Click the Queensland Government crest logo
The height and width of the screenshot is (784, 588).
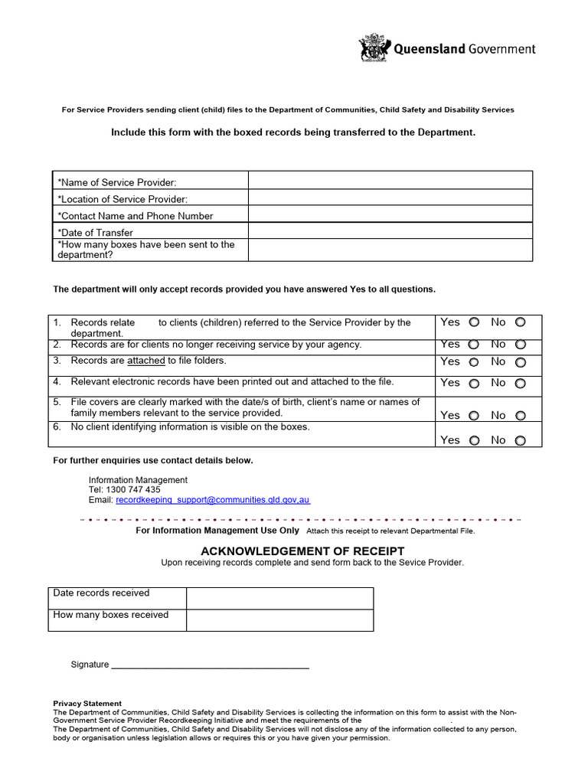tap(374, 48)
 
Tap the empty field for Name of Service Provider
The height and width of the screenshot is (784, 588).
tap(390, 181)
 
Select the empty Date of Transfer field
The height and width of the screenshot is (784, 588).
tap(390, 230)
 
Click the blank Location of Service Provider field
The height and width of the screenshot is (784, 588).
tap(390, 198)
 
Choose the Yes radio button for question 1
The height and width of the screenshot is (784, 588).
tap(474, 323)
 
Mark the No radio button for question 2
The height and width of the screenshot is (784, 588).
tap(521, 345)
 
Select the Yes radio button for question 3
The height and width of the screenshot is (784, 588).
tap(474, 363)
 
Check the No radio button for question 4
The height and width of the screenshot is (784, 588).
tap(521, 384)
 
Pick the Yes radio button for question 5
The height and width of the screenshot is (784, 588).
tap(474, 416)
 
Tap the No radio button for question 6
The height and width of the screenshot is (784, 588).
tap(521, 441)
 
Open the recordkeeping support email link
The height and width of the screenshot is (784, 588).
tap(213, 499)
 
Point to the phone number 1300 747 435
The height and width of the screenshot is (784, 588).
tap(134, 489)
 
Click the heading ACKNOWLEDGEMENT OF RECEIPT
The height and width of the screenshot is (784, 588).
tap(302, 551)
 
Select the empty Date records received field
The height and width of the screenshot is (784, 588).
tap(279, 598)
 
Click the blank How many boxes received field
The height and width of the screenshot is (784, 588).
tap(279, 619)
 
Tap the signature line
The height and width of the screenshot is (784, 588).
tap(210, 665)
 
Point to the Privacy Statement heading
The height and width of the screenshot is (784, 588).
tap(87, 703)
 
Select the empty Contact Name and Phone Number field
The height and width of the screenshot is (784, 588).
tap(390, 214)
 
